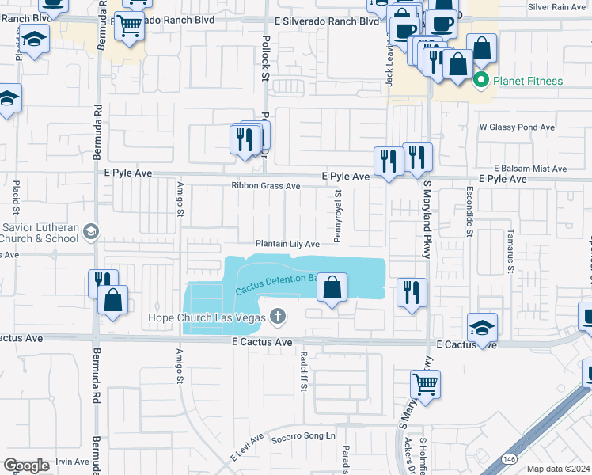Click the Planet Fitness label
point(528,81)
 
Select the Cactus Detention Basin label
point(275,284)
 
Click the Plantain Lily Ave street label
point(287,244)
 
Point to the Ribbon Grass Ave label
point(265,186)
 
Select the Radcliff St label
point(303,372)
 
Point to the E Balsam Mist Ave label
point(531,169)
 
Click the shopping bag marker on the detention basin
point(333,289)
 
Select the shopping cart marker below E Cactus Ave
point(426,386)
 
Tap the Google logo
point(26,465)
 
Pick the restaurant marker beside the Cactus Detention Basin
point(412,293)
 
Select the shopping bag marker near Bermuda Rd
point(114,301)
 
